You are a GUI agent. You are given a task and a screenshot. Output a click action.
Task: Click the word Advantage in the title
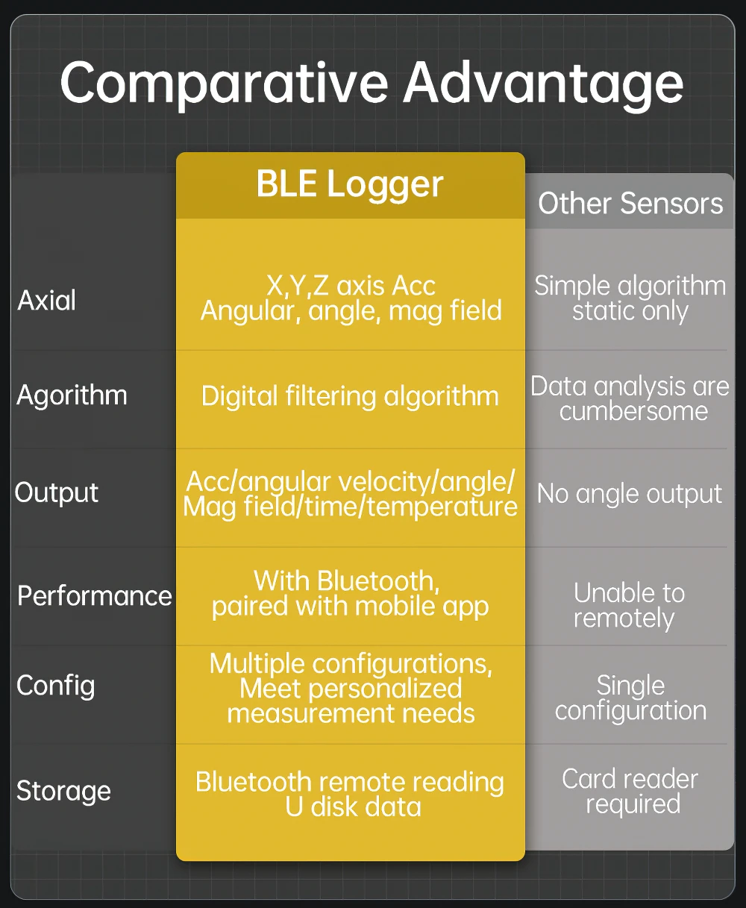(543, 84)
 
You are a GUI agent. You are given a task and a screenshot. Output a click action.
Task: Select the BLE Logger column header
(350, 184)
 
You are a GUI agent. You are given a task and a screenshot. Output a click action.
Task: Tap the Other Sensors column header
(630, 203)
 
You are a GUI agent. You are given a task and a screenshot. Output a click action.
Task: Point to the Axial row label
(47, 300)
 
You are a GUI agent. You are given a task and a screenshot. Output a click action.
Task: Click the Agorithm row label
(72, 395)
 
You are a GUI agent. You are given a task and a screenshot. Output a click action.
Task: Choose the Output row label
(57, 492)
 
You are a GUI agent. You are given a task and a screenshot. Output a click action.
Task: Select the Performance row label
(95, 595)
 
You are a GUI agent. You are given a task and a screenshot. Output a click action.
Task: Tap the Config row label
(56, 686)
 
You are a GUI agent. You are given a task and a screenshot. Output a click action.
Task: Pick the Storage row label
(63, 791)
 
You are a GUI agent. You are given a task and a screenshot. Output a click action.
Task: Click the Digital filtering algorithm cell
(350, 395)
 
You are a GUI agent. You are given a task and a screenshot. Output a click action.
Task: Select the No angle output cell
(630, 493)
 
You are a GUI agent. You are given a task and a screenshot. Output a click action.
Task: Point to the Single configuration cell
(630, 698)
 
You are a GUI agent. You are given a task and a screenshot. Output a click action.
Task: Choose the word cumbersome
(633, 411)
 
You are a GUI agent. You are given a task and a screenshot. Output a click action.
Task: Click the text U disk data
(353, 807)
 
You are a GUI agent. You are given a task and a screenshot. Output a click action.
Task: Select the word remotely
(624, 619)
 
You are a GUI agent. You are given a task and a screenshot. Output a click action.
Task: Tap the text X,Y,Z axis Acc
(351, 286)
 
